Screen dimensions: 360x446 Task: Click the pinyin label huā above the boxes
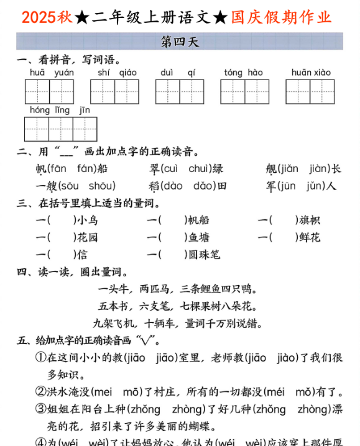point(37,73)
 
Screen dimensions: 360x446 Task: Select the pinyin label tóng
point(233,73)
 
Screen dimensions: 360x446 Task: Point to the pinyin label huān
point(301,73)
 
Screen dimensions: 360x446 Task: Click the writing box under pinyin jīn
point(85,129)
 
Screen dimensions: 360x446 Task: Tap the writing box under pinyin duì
point(167,91)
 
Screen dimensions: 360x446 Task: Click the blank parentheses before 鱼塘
point(173,237)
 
